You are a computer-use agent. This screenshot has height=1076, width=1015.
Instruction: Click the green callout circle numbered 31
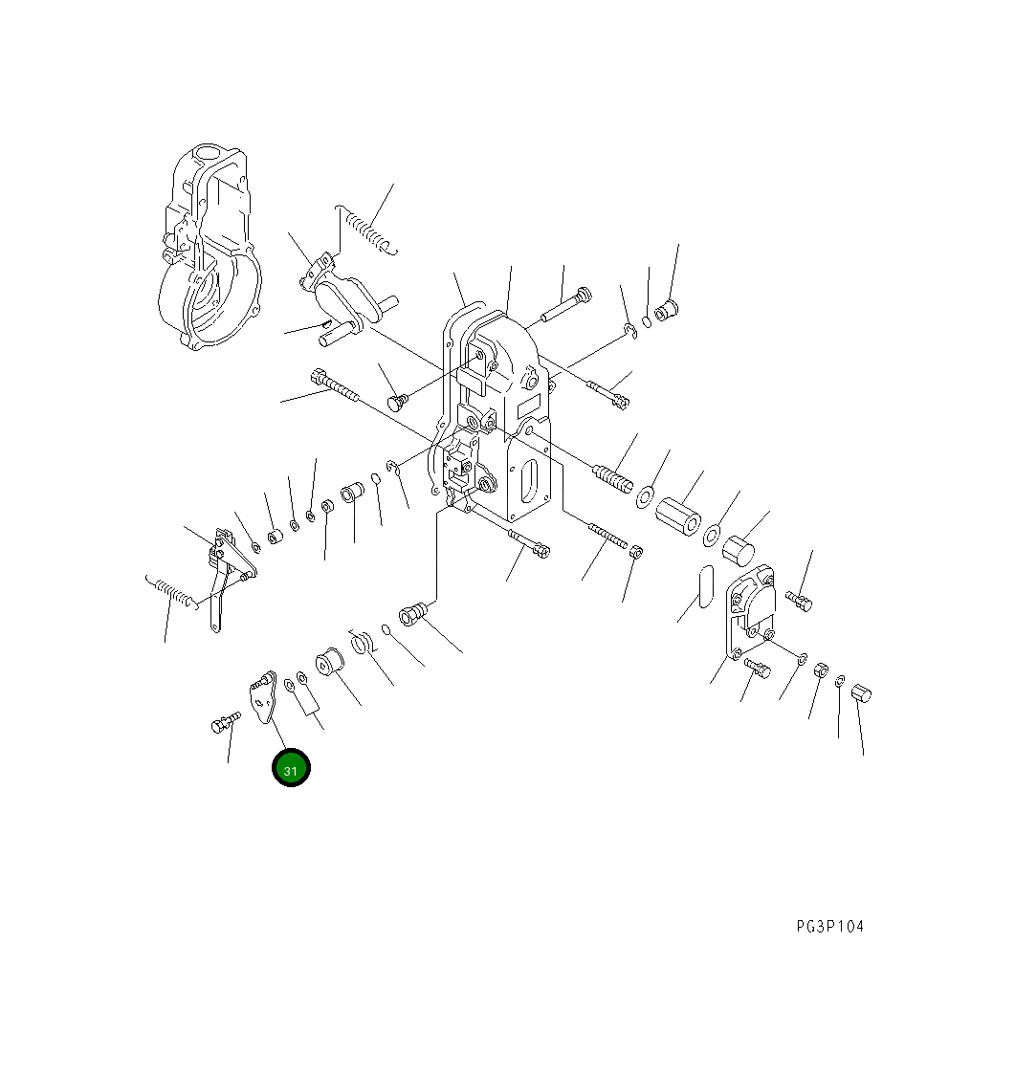(291, 768)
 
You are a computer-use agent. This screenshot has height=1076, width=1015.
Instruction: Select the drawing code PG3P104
(829, 926)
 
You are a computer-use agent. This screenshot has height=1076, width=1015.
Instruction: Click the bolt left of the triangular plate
(224, 723)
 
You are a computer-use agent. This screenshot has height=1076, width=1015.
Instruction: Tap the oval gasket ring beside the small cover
(705, 585)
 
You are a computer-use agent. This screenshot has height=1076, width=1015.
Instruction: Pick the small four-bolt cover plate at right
(752, 608)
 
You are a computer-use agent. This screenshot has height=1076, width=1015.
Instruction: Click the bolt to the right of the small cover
(799, 600)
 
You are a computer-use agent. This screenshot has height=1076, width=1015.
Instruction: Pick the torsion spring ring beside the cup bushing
(362, 643)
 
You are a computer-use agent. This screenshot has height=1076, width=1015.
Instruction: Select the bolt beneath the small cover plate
(756, 669)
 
